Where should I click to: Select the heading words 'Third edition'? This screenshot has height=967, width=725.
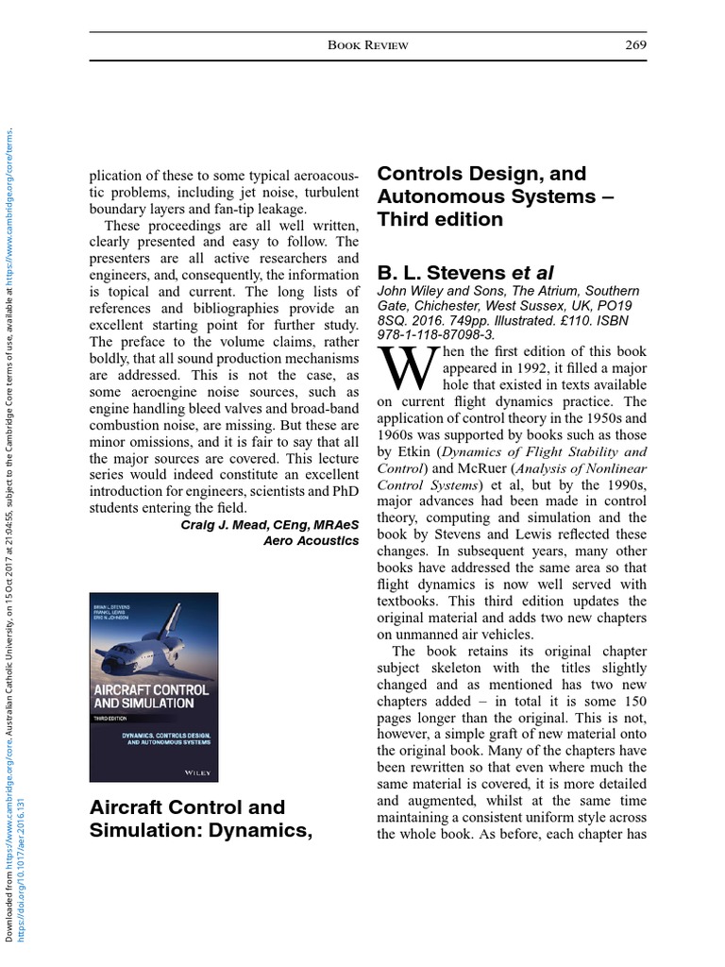tap(440, 219)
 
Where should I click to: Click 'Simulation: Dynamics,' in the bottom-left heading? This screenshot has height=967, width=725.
tap(199, 831)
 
